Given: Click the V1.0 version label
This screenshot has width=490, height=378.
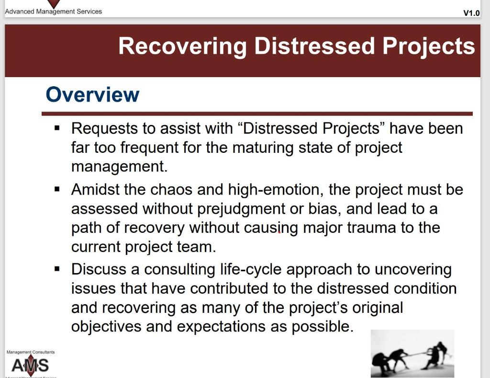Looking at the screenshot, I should [x=471, y=13].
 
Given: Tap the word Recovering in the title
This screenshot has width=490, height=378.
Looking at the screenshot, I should [x=182, y=46].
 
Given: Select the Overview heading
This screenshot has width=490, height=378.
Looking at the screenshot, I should [x=92, y=95].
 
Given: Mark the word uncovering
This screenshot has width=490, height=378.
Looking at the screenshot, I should [x=413, y=269].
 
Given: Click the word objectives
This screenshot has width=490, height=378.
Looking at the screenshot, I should [x=106, y=327].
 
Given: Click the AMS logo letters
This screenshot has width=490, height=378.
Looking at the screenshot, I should [x=30, y=366].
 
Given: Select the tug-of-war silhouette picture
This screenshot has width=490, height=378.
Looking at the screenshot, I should [x=412, y=354].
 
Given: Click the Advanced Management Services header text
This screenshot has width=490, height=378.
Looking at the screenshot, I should [x=54, y=11].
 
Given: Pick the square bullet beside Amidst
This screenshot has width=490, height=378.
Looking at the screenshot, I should [x=57, y=189].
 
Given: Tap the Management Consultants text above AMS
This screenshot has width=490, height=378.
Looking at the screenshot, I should [x=31, y=352].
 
